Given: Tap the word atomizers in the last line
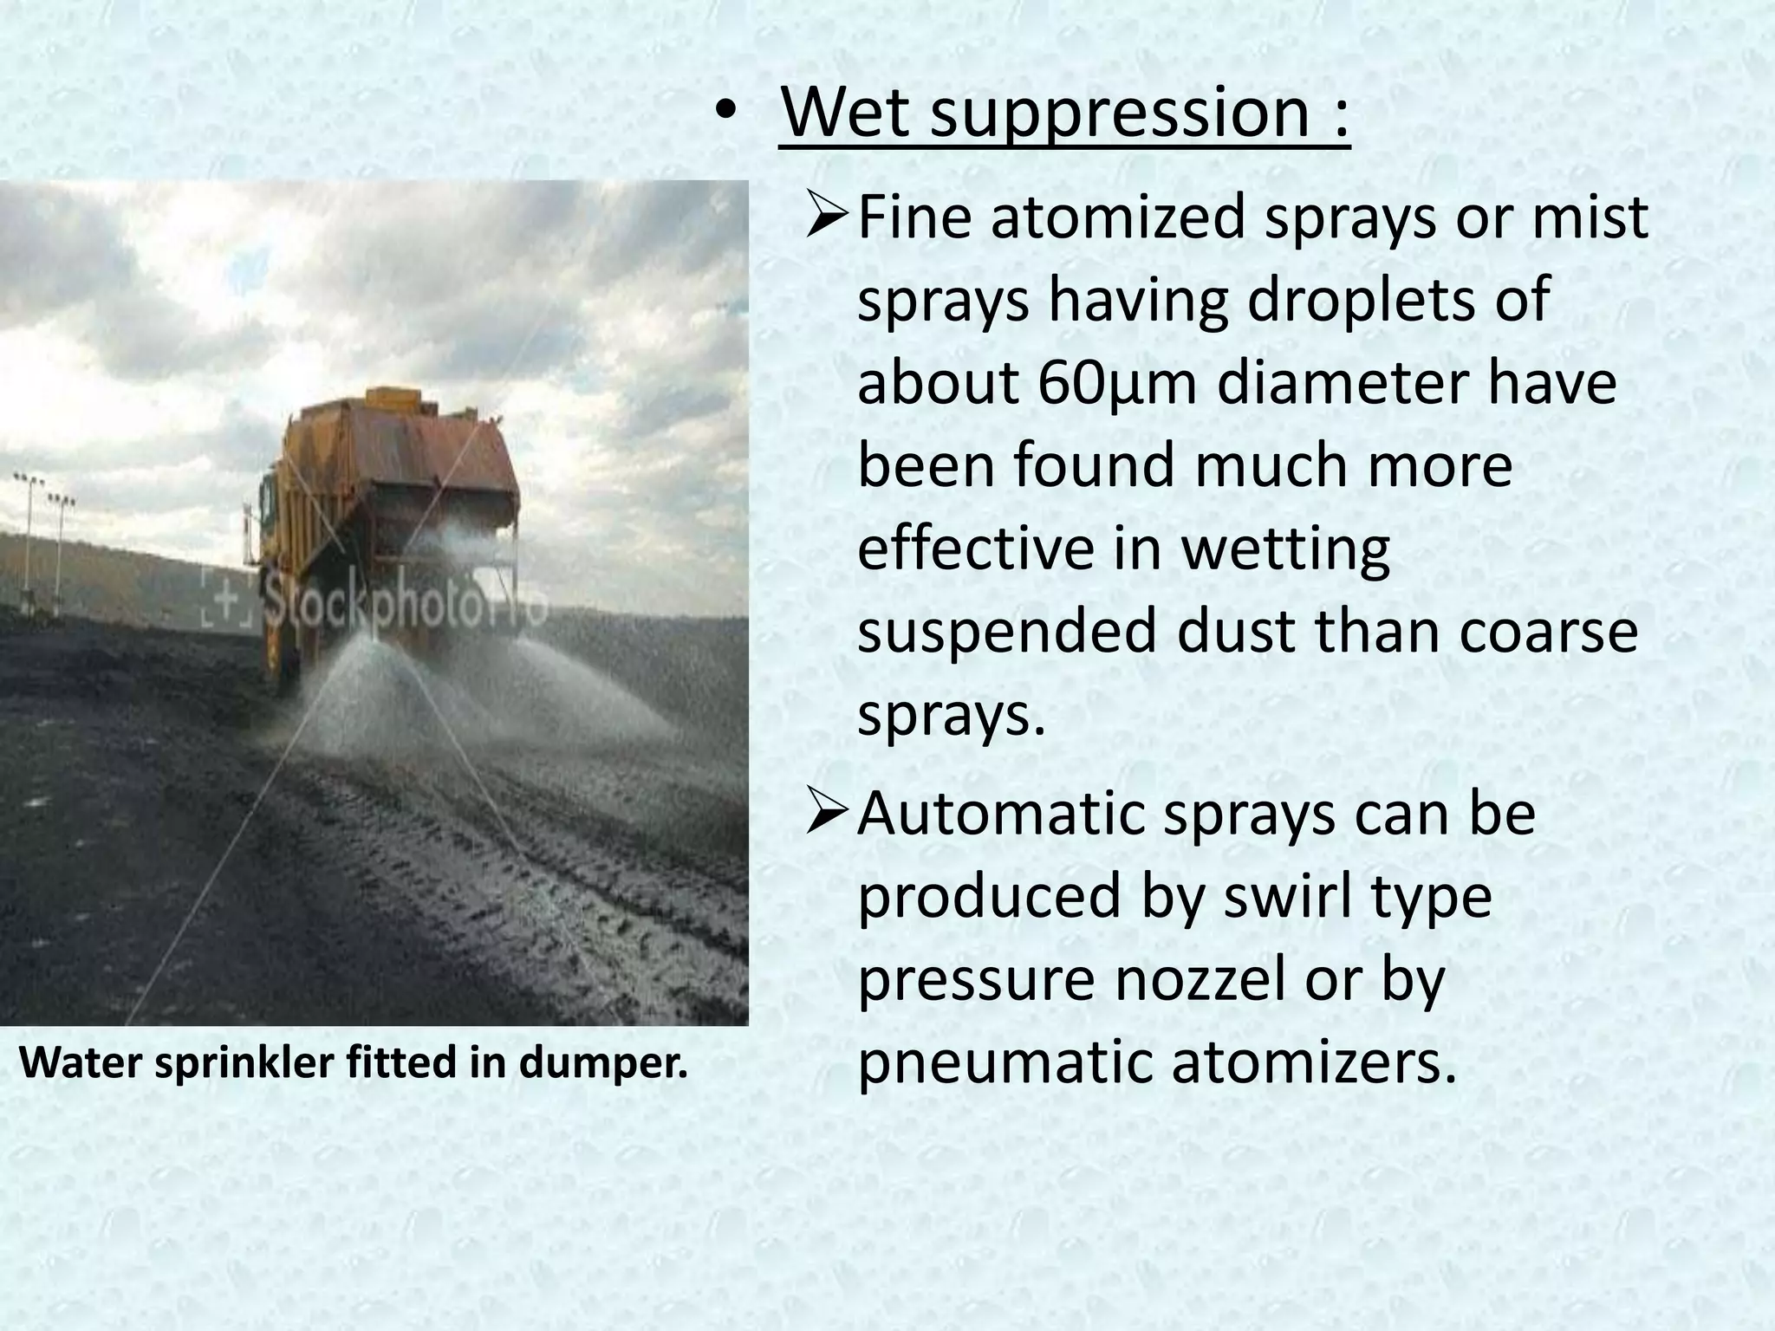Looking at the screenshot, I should click(1313, 1063).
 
